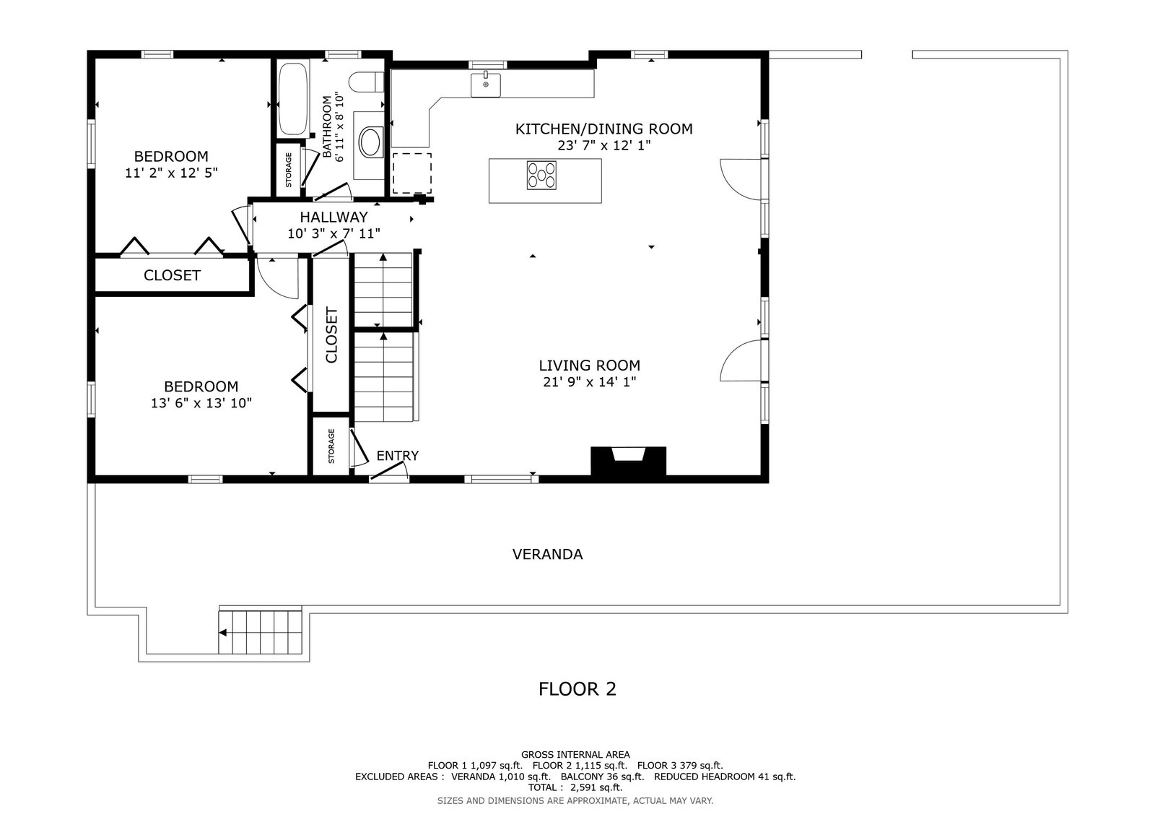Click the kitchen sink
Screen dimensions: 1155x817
(485, 85)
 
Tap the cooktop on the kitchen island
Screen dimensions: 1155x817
(541, 175)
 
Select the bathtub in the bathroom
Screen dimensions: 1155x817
(293, 99)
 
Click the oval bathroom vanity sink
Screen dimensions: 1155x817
(370, 142)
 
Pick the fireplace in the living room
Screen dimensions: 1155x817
(628, 461)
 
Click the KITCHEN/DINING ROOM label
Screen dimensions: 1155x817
(603, 129)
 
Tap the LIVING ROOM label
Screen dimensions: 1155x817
(589, 366)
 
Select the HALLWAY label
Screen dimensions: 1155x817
(334, 217)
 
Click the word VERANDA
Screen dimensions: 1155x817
(548, 554)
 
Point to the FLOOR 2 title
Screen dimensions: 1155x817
(577, 689)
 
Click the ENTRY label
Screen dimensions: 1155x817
(398, 456)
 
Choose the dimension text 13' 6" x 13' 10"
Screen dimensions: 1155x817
(201, 403)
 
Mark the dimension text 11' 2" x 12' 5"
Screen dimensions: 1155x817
(171, 173)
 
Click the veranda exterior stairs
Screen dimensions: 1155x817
(260, 632)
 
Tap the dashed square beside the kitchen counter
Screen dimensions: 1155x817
(412, 173)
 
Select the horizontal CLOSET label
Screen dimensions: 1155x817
(172, 276)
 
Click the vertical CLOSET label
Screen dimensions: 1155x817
(331, 335)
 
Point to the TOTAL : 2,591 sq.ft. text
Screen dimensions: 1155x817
(575, 787)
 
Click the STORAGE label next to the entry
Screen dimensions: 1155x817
(331, 446)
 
